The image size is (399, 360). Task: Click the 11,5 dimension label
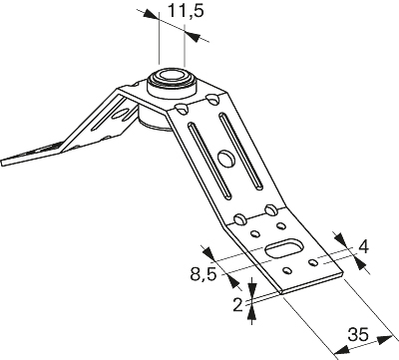coord(186,11)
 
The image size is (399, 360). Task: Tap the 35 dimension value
coord(358,334)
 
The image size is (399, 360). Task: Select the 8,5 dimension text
coord(203,274)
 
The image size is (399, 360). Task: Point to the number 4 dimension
coord(364,247)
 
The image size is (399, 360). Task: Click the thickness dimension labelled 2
coord(237,305)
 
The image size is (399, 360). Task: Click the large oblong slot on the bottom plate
coord(284,247)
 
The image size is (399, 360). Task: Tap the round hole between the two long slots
coord(226,158)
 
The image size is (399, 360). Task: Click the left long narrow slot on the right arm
coord(209,161)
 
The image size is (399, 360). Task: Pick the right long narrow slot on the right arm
coord(241,152)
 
